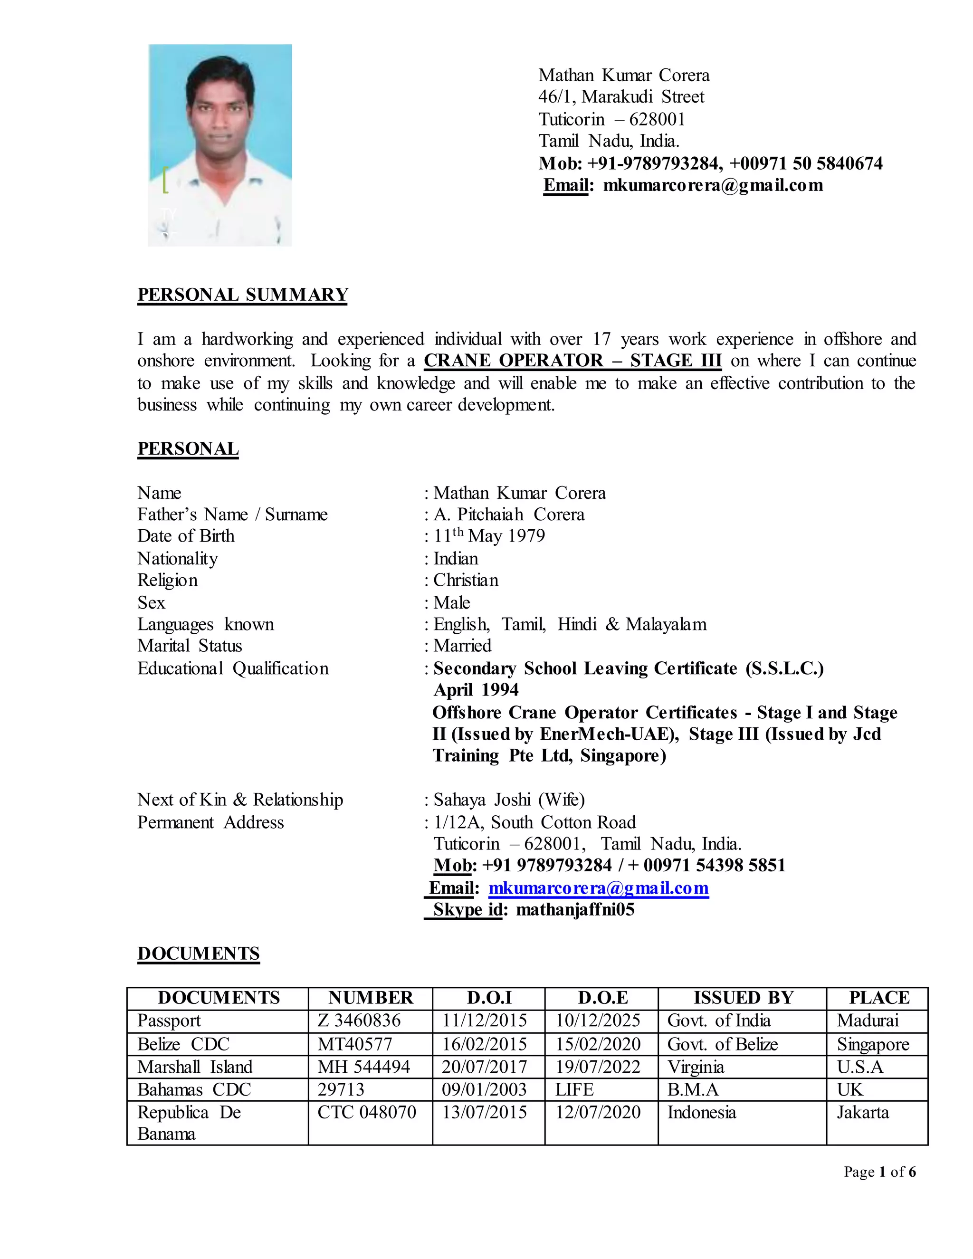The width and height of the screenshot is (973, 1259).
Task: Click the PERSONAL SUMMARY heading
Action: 243,295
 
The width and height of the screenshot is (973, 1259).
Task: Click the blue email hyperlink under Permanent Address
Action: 598,888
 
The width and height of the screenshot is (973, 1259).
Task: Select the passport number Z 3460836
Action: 359,1021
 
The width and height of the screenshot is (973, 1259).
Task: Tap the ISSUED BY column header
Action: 743,998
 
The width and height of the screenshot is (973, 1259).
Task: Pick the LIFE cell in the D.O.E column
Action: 574,1089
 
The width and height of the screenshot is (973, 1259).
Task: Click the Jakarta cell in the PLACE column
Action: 862,1112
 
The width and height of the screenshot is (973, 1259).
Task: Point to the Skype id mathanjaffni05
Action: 575,910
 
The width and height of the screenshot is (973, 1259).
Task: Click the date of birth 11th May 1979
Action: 489,536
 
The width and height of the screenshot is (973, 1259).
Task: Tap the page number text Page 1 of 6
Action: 879,1172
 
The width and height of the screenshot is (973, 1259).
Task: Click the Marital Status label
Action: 190,646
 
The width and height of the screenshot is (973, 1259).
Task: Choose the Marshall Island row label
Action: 195,1067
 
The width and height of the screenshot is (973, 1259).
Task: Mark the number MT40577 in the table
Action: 354,1044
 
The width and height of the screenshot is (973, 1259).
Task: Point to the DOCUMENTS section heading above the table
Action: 198,954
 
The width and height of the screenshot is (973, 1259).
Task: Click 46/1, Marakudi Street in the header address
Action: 621,97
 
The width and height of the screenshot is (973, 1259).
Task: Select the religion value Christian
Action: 466,580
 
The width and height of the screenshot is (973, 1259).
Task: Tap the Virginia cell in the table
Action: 695,1067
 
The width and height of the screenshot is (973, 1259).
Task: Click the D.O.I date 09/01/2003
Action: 484,1089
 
